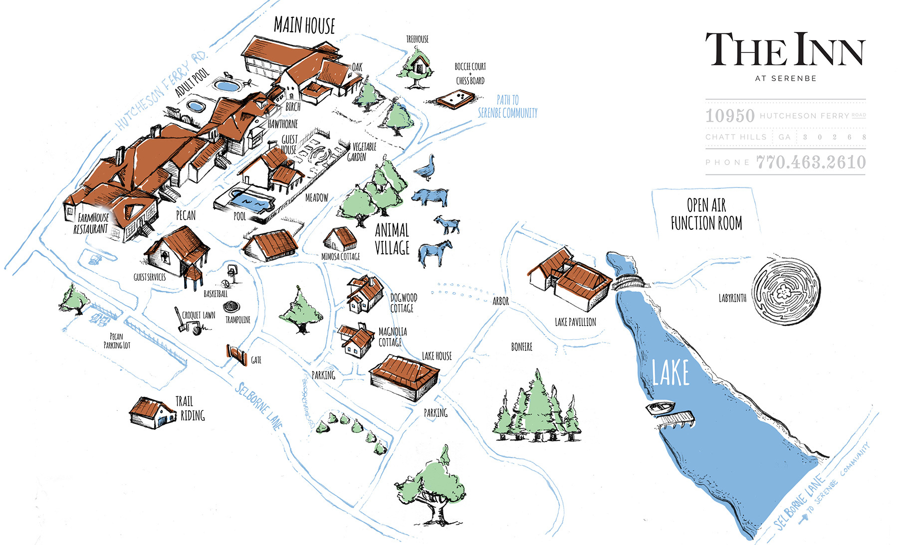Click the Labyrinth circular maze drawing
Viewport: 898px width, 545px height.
click(785, 291)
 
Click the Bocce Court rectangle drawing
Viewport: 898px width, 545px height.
click(456, 99)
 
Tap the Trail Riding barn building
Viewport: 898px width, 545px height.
click(152, 413)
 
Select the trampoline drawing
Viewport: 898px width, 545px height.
click(231, 306)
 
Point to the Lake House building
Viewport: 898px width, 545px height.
click(405, 377)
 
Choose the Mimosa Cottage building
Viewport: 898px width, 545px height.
click(340, 239)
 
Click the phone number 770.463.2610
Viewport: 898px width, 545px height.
click(811, 162)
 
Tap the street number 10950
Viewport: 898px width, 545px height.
click(730, 116)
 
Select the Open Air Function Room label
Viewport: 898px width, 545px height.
click(706, 214)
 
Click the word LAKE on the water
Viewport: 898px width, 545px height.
click(671, 373)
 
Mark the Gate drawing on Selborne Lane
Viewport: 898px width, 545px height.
click(237, 354)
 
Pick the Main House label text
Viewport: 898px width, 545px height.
click(304, 25)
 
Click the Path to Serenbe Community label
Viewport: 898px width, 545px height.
click(507, 107)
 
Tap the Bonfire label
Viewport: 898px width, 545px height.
click(521, 347)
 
